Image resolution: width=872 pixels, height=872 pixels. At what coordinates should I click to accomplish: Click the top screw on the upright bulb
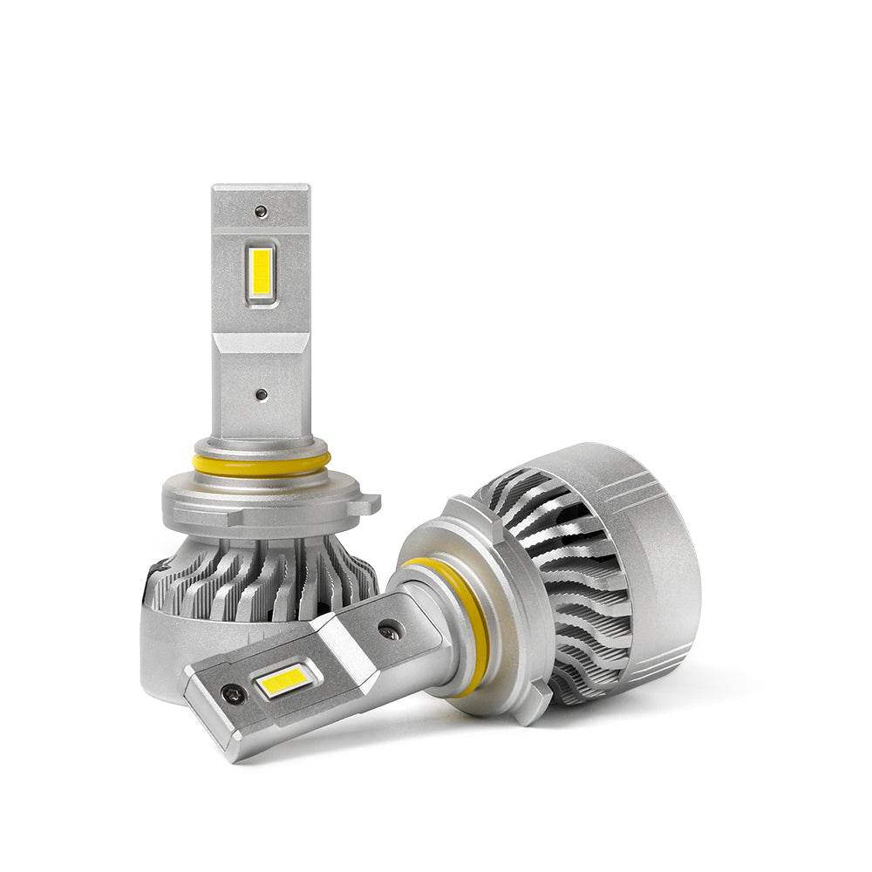click(260, 211)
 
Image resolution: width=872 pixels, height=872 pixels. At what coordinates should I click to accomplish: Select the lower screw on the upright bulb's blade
click(261, 395)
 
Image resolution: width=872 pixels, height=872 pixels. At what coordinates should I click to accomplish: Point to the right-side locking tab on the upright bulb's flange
click(371, 503)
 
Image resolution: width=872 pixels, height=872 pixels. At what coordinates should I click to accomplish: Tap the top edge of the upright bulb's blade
click(261, 187)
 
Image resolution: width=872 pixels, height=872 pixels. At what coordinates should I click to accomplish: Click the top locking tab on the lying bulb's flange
click(458, 510)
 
